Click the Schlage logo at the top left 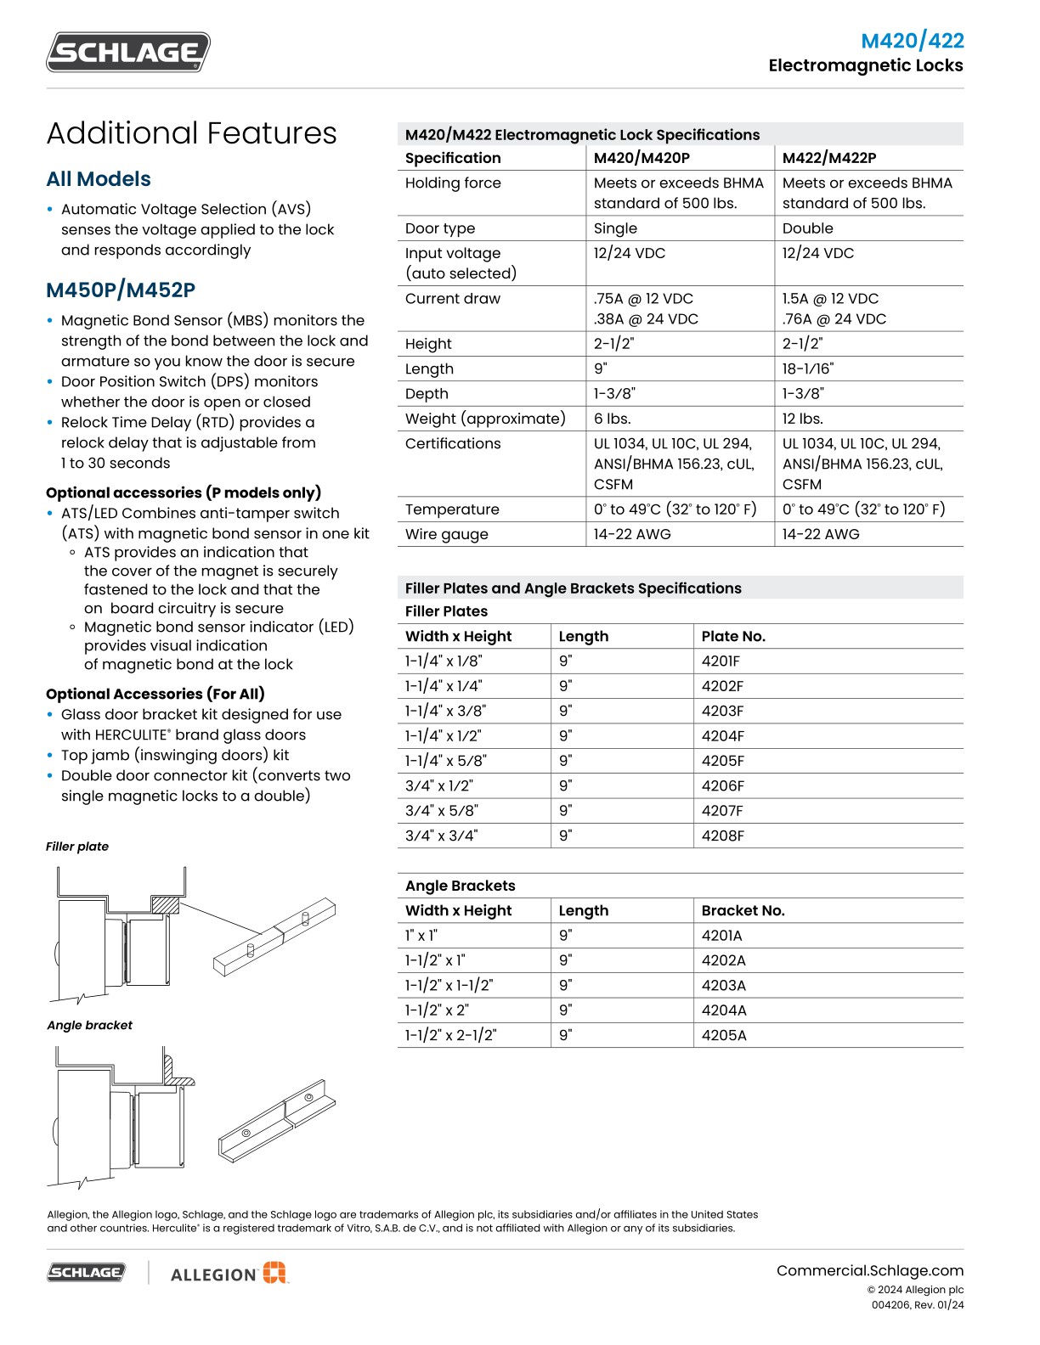(128, 53)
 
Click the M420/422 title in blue (912, 41)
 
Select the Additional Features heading (191, 133)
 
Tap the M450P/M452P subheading (121, 290)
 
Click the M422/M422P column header (828, 158)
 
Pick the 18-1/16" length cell (808, 369)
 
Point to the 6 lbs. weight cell (612, 419)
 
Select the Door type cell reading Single (615, 228)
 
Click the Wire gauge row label (447, 534)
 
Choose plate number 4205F (722, 761)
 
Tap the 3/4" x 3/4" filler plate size (441, 836)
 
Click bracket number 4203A (723, 985)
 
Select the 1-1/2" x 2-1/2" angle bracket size (450, 1035)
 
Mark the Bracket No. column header (743, 910)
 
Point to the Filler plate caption (77, 847)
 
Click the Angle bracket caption (89, 1025)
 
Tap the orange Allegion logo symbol (274, 1273)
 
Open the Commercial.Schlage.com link (869, 1270)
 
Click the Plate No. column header (733, 636)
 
